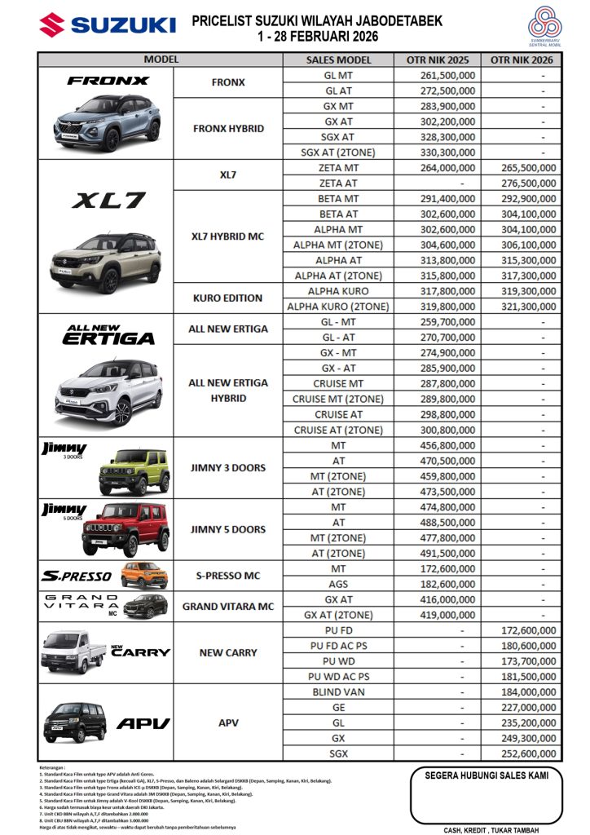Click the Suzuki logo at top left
pos(106,24)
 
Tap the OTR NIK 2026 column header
pos(522,60)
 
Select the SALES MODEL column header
pos(338,60)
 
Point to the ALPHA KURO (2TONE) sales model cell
pos(338,307)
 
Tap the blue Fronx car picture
pos(108,122)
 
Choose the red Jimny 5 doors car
pos(125,531)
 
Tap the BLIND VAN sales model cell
pos(338,691)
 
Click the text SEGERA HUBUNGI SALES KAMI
pos(487,775)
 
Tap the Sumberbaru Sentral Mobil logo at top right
pos(544,27)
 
